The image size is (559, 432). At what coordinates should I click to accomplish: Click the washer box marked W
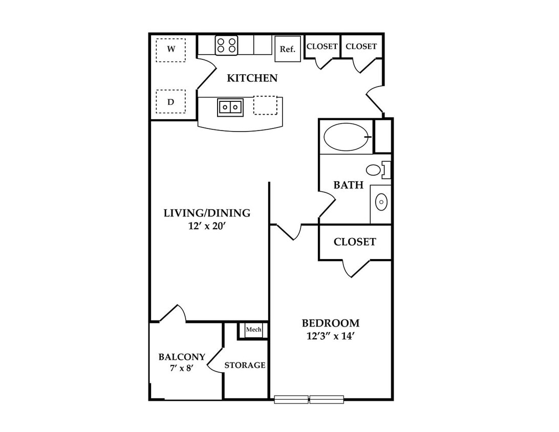coord(171,50)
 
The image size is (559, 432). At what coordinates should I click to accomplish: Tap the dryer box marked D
coord(171,101)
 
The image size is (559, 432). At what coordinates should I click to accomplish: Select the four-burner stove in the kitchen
coord(226,45)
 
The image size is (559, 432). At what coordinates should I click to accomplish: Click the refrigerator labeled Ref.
coord(288,49)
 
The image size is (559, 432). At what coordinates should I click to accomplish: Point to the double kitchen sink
coord(230,107)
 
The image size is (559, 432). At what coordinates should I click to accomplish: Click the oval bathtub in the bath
coord(347,137)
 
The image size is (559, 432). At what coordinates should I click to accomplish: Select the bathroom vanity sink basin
coord(381,203)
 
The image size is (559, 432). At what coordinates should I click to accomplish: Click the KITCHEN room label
coord(252,78)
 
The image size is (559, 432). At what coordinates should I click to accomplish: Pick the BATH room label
coord(348,185)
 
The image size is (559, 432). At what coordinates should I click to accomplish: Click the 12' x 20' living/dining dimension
coord(207,226)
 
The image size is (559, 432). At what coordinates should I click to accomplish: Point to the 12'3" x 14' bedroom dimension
coord(330,336)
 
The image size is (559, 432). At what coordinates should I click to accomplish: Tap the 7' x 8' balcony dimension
coord(182,368)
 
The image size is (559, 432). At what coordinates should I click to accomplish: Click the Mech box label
coord(253,330)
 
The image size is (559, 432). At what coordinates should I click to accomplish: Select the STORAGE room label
coord(245,365)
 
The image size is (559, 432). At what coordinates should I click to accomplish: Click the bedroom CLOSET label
coord(355,242)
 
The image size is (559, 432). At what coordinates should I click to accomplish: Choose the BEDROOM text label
coord(331,323)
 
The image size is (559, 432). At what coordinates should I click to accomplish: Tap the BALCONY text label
coord(182,357)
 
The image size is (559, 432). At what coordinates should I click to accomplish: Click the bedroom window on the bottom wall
coord(309,399)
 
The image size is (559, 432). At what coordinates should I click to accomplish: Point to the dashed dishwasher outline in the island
coord(265,105)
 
